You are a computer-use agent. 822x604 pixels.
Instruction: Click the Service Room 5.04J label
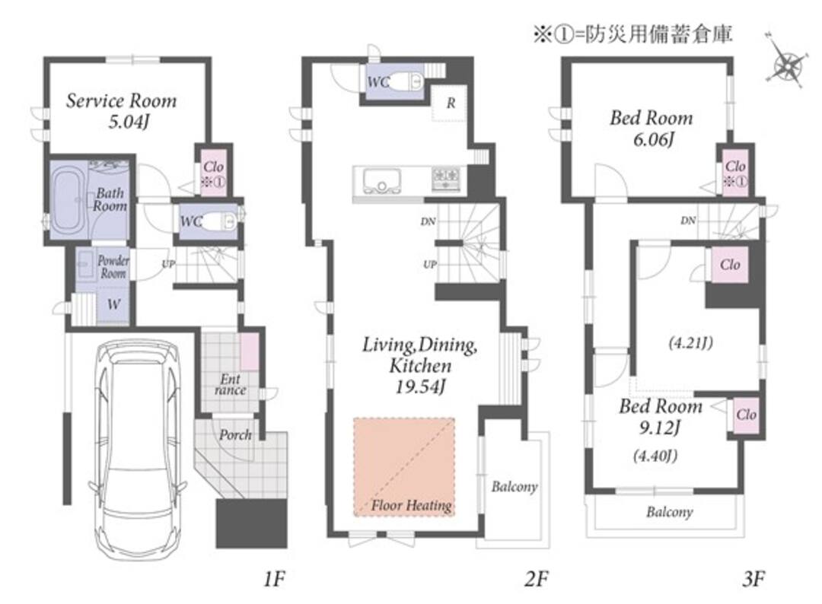point(121,110)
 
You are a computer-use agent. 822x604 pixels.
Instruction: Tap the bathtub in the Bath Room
point(69,200)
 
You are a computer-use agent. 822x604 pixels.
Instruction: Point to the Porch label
point(235,434)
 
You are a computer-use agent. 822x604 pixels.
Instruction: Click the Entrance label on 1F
point(230,385)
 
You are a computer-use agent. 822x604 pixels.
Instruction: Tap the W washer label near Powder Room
point(113,304)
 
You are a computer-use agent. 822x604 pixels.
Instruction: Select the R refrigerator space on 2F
point(451,103)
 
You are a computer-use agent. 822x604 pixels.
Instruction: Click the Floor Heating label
point(411,506)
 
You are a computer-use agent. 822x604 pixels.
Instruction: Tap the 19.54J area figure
point(420,387)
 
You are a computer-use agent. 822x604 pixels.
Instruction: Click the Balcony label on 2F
point(515,487)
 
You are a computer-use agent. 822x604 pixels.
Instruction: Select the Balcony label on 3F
point(670,512)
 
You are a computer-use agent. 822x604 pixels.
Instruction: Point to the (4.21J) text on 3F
point(691,343)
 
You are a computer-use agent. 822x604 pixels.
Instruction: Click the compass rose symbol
point(785,65)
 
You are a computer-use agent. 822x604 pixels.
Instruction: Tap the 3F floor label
point(753,579)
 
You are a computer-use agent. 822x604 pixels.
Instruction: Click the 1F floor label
point(274,579)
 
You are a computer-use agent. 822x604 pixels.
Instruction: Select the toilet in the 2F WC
point(407,81)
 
